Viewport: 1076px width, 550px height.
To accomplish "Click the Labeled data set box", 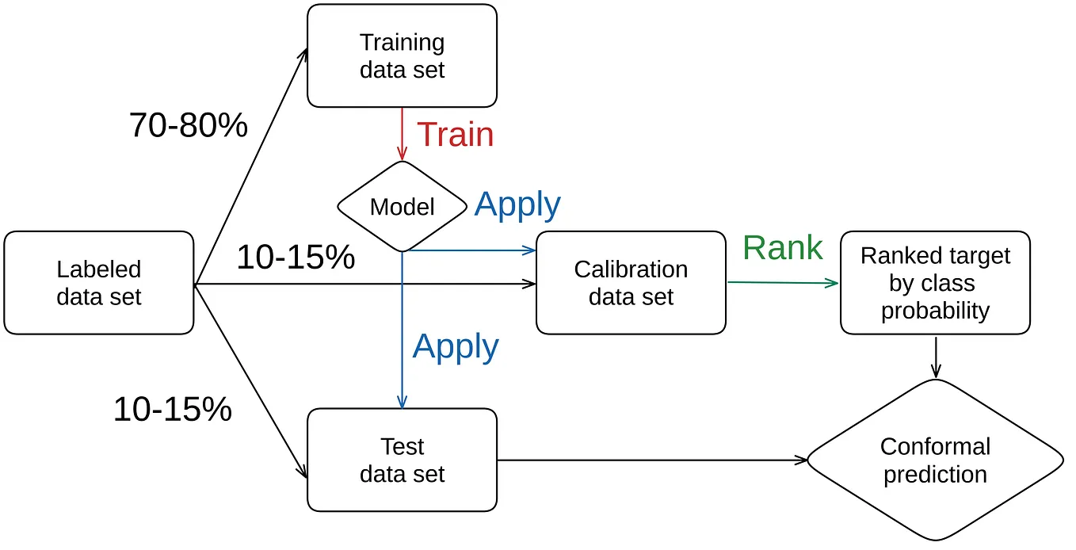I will (x=99, y=283).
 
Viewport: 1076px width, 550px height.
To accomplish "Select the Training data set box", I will (x=402, y=55).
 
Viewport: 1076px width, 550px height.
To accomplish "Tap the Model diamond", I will (x=402, y=207).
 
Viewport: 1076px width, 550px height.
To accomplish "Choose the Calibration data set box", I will (x=631, y=283).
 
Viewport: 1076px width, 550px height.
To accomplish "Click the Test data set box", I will (x=402, y=460).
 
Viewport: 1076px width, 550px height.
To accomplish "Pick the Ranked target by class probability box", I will (x=935, y=283).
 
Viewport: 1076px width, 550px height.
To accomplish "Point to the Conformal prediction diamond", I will (x=935, y=460).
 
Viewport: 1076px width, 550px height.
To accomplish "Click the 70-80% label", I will (x=189, y=125).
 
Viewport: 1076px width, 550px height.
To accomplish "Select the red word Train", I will (x=455, y=135).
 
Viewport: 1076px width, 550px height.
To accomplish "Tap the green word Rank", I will (x=782, y=248).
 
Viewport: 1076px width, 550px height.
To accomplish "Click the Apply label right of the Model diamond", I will (x=517, y=204).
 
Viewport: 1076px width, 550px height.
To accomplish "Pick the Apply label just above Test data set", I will (x=456, y=347).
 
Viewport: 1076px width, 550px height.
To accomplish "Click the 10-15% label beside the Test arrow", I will (x=173, y=409).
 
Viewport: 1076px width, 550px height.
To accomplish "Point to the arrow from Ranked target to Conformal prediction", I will (x=936, y=357).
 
